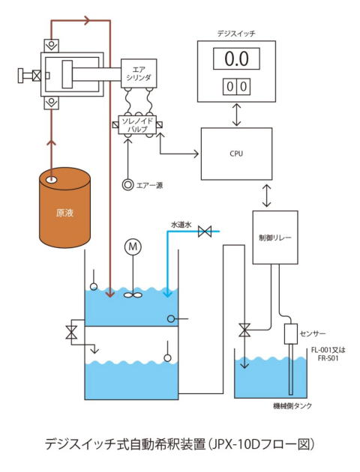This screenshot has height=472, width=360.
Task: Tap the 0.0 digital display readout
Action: pos(236,58)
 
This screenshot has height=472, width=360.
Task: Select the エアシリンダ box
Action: pos(139,73)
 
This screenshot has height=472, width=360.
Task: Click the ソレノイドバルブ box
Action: pos(137,125)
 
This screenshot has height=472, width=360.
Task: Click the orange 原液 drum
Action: pos(64,208)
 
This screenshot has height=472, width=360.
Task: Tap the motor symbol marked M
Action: pos(133,246)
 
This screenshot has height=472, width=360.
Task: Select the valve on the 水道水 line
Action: pos(205,232)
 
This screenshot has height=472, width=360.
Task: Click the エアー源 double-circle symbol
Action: pos(127,184)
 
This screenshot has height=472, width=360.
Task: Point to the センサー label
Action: pos(313,333)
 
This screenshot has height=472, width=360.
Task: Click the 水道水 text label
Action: pos(181,225)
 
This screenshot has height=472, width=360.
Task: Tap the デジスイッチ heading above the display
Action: pos(236,34)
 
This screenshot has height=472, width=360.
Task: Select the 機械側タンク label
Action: pos(292,406)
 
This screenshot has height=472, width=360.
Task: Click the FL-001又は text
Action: pos(328,350)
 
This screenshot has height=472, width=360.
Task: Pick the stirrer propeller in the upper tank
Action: pos(133,295)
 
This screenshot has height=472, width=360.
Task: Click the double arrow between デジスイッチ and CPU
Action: pos(237,115)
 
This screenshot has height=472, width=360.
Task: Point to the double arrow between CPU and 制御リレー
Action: pos(266,196)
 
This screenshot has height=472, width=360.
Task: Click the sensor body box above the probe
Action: pos(291,334)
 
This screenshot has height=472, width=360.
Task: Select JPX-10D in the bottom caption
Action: pos(234,444)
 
